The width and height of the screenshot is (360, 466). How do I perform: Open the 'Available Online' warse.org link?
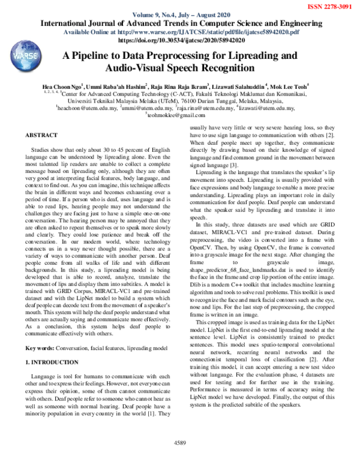pyautogui.click(x=179, y=32)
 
